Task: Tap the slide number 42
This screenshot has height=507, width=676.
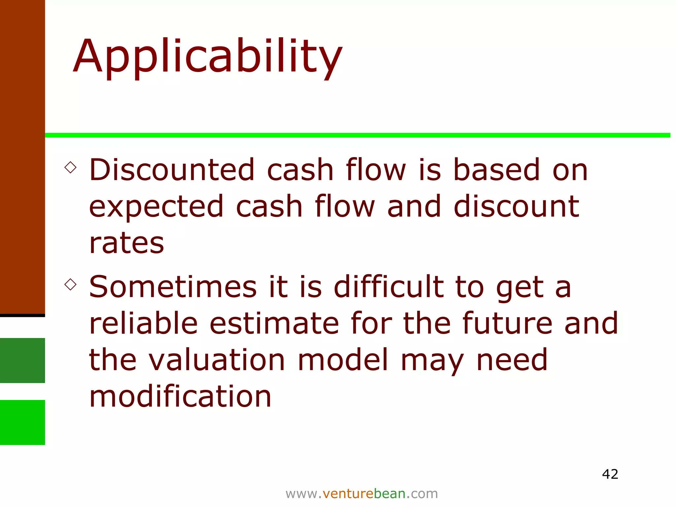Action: click(x=610, y=474)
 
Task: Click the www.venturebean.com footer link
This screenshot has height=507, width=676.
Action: click(x=361, y=494)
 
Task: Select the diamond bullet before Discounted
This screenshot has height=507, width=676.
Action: click(x=71, y=167)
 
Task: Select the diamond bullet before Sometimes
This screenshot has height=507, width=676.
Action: click(x=71, y=284)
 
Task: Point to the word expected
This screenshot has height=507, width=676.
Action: click(x=156, y=207)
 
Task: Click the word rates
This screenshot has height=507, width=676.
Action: click(x=126, y=243)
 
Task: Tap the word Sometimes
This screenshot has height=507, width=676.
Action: click(x=173, y=287)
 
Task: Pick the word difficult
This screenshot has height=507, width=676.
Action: click(x=389, y=287)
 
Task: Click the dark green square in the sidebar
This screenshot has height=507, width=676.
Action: click(x=22, y=360)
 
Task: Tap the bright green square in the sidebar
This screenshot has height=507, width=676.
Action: click(x=22, y=422)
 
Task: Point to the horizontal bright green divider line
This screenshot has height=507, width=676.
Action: click(x=356, y=135)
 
